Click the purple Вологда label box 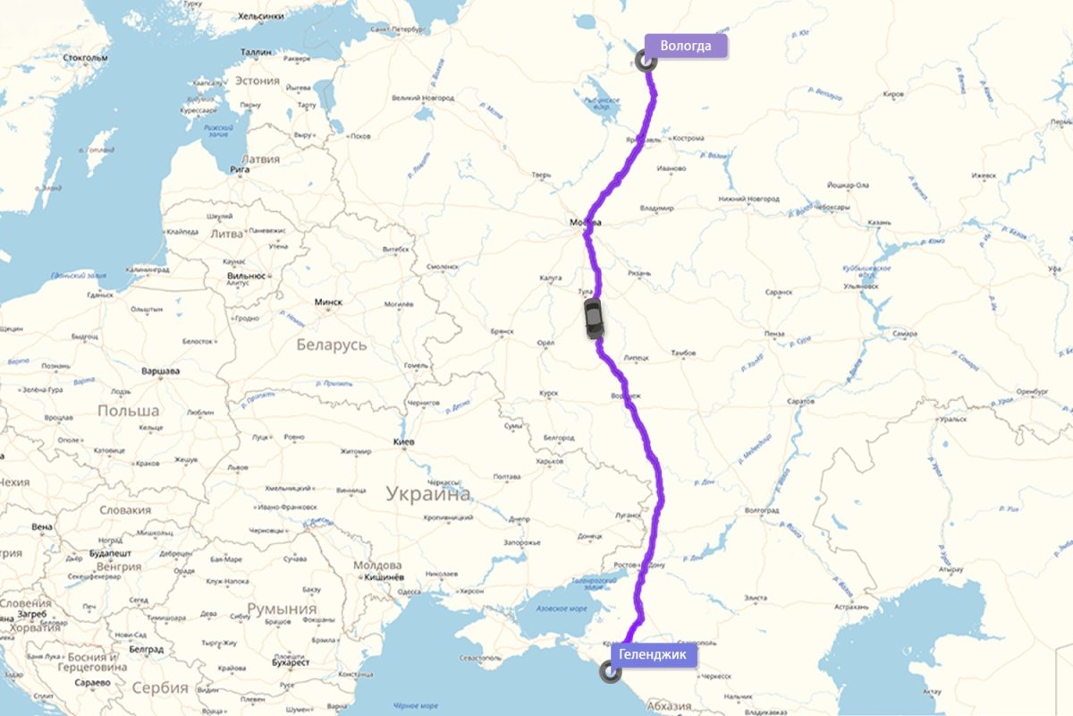[686, 47]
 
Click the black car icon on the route [594, 319]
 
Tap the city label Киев [403, 443]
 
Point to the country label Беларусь [331, 345]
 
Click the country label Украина [427, 493]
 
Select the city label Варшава [161, 370]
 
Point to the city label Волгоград [762, 510]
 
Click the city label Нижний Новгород [748, 199]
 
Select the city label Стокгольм [86, 58]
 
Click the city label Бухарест [291, 663]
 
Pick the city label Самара [904, 333]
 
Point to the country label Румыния [282, 609]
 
